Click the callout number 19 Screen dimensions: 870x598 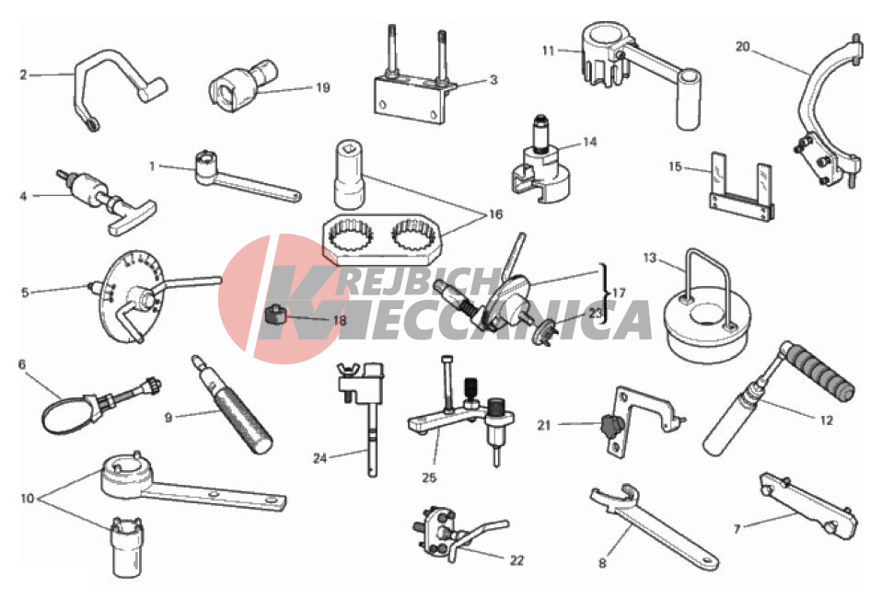pos(322,87)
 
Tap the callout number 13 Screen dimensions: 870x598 pos(649,258)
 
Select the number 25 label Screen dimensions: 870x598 pos(429,477)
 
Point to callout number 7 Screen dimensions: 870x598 pos(737,529)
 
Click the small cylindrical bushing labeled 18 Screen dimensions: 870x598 pos(274,316)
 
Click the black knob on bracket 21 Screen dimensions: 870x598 pos(609,427)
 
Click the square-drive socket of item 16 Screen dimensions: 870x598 pos(350,175)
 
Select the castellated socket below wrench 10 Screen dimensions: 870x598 pos(127,547)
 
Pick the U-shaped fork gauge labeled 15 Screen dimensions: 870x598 pos(741,187)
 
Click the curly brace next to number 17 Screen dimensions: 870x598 pos(604,293)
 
